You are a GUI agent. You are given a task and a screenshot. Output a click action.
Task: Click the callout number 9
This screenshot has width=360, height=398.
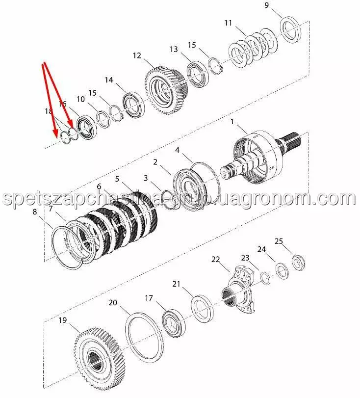(266, 5)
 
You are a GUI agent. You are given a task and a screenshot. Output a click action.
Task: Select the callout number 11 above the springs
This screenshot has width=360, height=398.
(229, 23)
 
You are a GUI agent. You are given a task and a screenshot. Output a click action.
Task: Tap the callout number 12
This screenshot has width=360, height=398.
(137, 55)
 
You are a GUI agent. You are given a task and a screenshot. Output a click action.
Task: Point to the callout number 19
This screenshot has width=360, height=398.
(63, 320)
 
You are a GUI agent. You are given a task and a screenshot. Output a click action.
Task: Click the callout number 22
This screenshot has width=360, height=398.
(216, 260)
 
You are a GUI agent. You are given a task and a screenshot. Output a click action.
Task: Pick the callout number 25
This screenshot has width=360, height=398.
(279, 241)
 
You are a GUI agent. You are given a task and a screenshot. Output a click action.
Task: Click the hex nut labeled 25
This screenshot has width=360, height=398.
(298, 263)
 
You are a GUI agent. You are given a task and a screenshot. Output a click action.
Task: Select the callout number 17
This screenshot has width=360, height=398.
(149, 298)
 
